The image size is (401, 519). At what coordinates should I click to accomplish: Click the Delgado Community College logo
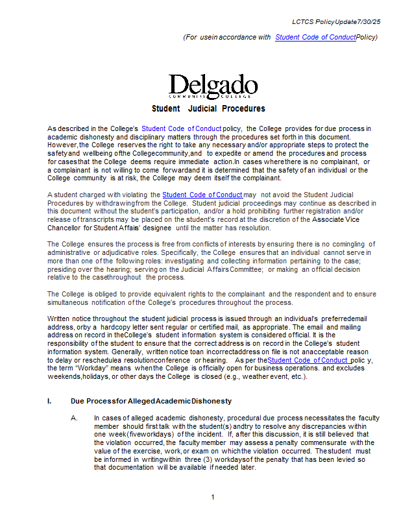tap(204, 86)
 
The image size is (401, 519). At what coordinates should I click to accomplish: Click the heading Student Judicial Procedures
tap(208, 108)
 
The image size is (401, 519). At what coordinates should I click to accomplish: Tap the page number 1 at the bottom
tap(212, 498)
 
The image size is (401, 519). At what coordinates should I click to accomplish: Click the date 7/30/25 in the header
tap(368, 22)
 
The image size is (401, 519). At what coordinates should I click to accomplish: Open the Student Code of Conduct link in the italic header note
tap(315, 37)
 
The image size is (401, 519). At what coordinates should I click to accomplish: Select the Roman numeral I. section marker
tap(49, 402)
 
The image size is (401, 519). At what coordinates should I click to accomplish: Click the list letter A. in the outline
tap(75, 418)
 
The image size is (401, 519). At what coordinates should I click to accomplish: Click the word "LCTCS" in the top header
tap(302, 22)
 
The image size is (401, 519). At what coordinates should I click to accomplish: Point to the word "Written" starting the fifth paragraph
tap(59, 319)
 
